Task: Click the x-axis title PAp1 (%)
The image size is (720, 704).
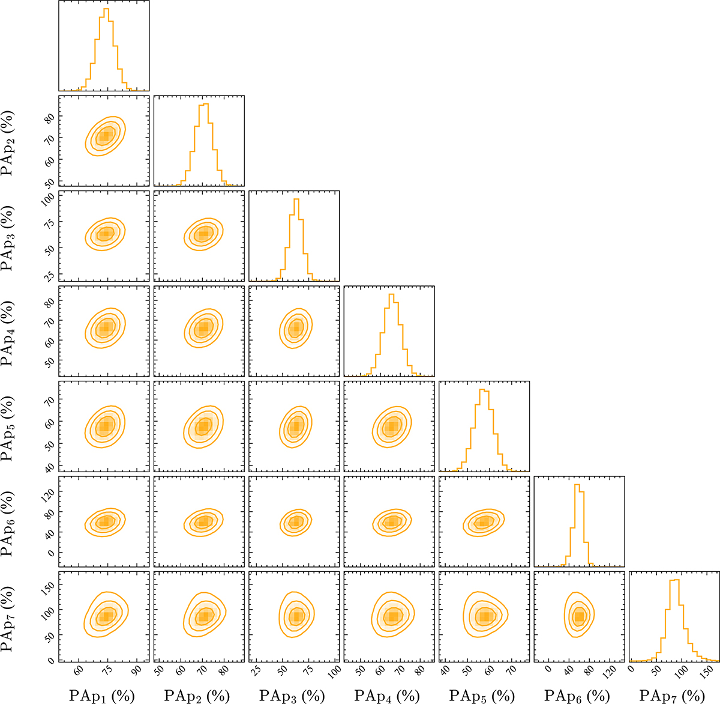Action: coord(102,696)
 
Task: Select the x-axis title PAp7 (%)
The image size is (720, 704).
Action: coord(672,696)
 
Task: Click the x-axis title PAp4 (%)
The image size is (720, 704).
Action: coord(387,696)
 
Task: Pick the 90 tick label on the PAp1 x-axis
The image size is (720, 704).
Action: coord(137,670)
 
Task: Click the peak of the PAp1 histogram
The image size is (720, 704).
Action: coord(106,9)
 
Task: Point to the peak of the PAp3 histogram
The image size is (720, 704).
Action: coord(296,199)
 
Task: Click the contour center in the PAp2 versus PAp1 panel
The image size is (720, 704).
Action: coord(105,136)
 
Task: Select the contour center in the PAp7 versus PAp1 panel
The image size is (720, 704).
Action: coord(106,616)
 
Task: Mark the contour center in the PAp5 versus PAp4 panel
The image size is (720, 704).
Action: coord(391,426)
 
